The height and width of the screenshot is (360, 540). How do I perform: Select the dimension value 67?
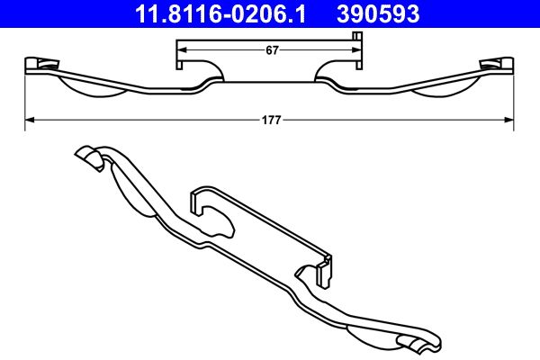[x=270, y=50]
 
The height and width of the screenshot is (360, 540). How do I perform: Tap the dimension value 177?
[x=270, y=118]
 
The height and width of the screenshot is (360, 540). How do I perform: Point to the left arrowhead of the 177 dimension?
[x=28, y=118]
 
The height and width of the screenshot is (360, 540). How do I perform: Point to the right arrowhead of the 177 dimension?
[x=510, y=118]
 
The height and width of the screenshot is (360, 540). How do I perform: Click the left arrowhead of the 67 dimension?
[x=180, y=50]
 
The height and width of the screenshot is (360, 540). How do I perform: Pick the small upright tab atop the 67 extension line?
[x=358, y=37]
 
